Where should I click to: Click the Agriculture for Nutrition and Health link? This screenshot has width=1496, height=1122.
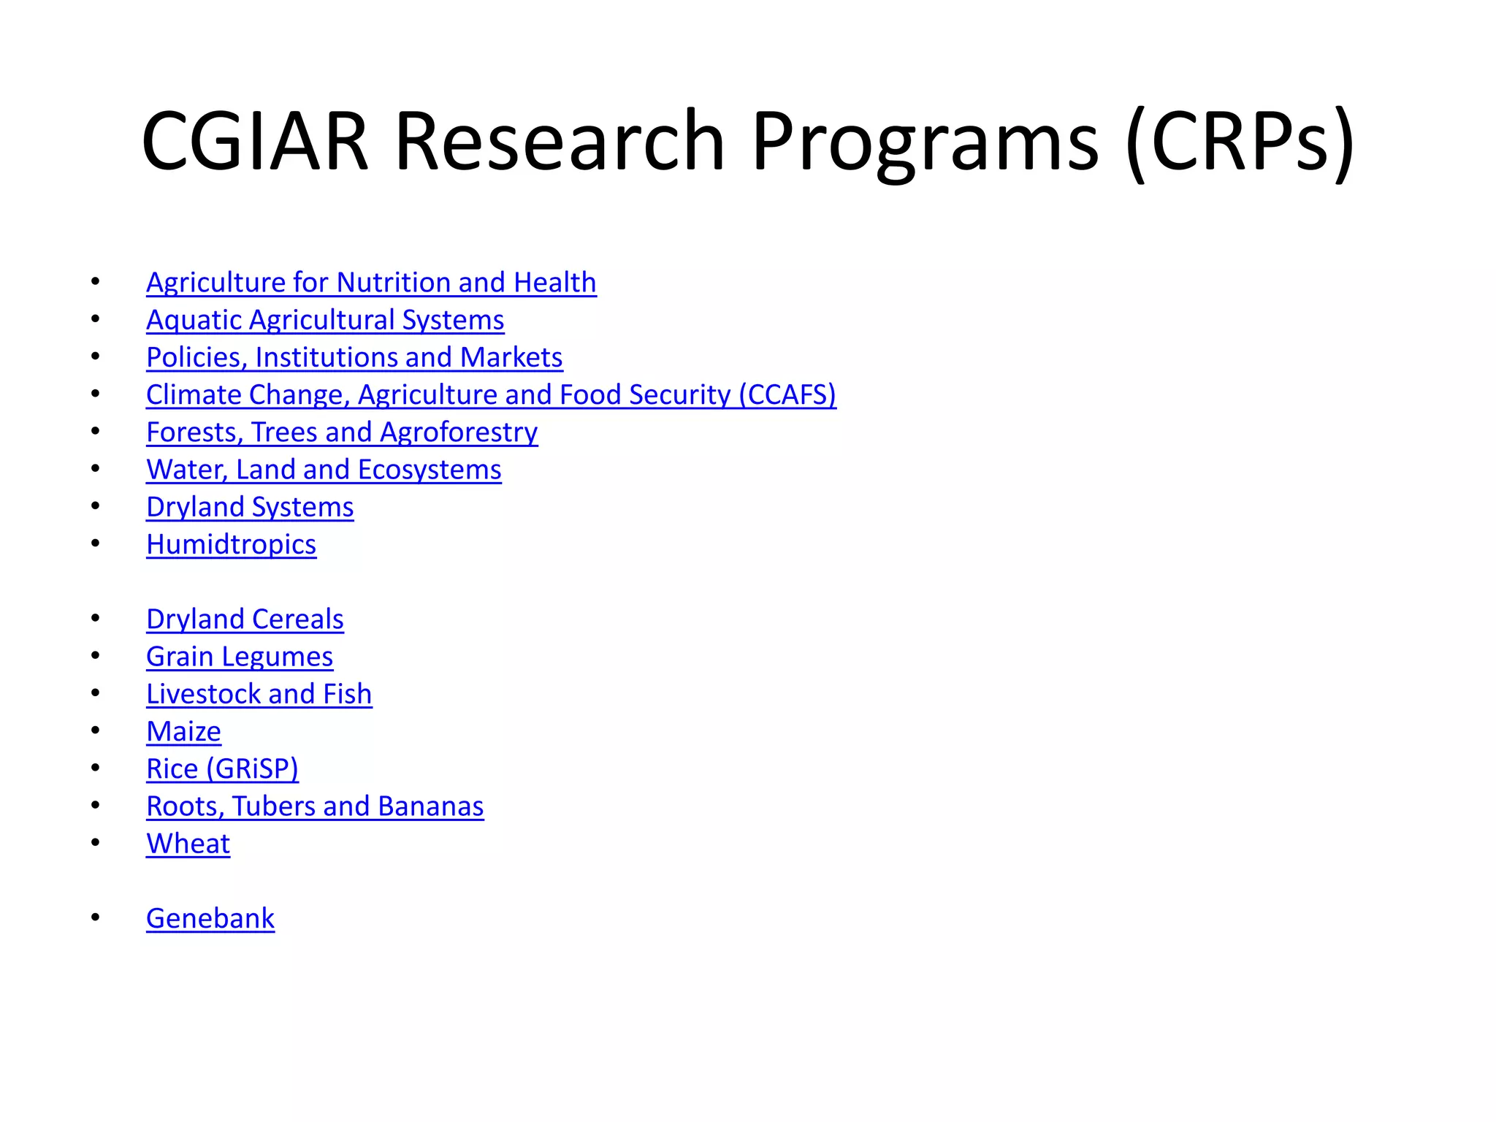point(371,283)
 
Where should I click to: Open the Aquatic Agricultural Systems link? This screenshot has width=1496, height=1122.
point(325,320)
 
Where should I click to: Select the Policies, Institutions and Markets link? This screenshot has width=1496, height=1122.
point(354,357)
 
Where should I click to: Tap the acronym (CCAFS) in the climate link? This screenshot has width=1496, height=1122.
point(787,394)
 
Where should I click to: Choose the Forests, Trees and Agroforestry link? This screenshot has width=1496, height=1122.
point(342,432)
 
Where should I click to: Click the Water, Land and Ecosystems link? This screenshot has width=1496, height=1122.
point(324,470)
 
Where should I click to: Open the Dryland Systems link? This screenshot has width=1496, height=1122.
point(250,507)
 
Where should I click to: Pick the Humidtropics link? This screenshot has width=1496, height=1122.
point(231,544)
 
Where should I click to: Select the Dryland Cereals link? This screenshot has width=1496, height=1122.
point(245,619)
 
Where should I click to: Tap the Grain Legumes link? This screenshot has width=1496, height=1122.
point(240,657)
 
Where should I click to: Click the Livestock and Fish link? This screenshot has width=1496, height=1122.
point(259,694)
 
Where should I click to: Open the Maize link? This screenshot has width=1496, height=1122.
point(183,731)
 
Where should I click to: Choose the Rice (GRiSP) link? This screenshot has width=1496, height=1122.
point(222,768)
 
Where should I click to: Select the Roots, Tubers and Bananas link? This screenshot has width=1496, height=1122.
point(315,806)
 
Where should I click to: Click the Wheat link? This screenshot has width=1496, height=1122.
point(188,844)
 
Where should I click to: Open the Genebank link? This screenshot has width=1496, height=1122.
point(210,918)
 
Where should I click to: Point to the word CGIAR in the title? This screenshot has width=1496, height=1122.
point(255,140)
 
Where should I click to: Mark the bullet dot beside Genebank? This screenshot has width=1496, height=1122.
point(96,917)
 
